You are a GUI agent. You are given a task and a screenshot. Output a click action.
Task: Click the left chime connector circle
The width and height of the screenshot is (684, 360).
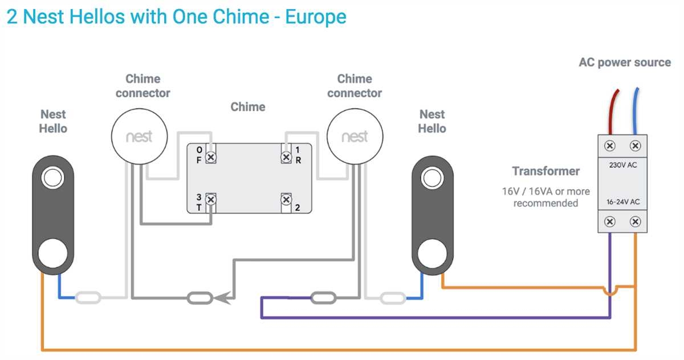(x=139, y=137)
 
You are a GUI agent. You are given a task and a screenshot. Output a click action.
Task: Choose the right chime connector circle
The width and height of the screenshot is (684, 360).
(x=355, y=137)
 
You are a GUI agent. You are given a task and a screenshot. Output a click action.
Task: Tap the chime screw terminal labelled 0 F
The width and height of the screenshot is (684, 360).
(x=211, y=157)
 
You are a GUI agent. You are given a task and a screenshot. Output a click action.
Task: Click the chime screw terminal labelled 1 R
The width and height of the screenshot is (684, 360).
(x=286, y=157)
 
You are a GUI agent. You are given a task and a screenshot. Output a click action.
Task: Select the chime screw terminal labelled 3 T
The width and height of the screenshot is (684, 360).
(x=211, y=199)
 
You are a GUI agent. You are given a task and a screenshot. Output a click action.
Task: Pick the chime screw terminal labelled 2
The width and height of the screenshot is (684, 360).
(x=286, y=199)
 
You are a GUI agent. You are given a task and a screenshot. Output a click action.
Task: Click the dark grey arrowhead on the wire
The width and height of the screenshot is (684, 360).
(x=225, y=297)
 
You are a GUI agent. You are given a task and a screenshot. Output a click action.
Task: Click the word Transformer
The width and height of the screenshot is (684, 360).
(x=545, y=171)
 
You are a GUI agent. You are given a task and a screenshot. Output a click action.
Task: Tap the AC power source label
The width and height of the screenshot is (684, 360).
(x=625, y=62)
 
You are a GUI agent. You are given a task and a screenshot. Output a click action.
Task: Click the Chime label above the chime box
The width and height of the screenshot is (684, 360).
(x=248, y=107)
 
